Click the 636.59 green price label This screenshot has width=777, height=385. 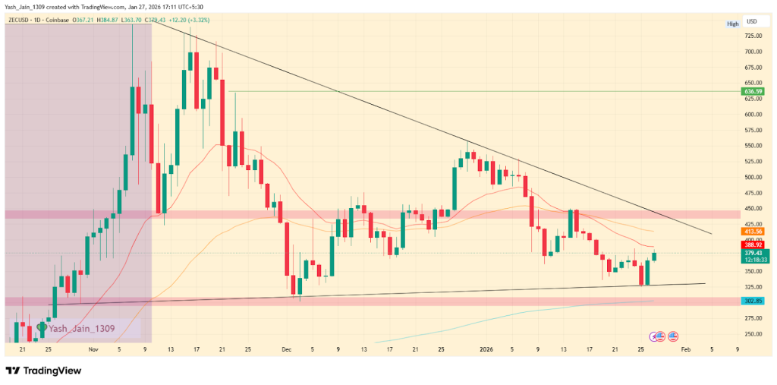click(753, 92)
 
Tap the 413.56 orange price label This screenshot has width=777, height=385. click(753, 231)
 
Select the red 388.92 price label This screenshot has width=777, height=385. click(753, 245)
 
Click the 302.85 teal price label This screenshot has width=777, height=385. click(753, 301)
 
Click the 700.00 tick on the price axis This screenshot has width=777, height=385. click(753, 52)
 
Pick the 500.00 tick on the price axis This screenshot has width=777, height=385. click(753, 177)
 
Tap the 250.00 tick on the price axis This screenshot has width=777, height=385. click(753, 334)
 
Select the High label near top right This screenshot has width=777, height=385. click(732, 24)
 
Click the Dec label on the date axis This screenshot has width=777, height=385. click(286, 349)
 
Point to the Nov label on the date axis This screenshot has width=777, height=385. click(93, 349)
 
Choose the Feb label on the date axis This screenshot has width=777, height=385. click(685, 349)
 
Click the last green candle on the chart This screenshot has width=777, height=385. click(654, 257)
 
